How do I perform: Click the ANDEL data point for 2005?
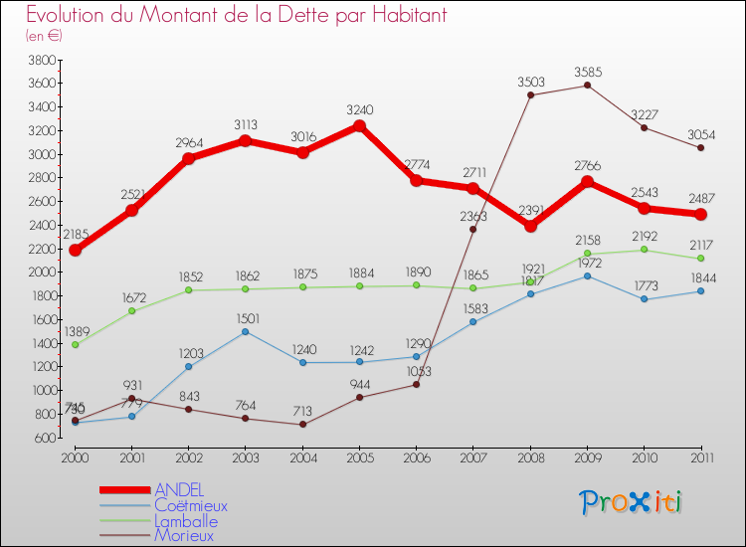coord(359,126)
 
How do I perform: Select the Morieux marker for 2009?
coord(587,86)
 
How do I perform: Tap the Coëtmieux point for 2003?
coord(245,331)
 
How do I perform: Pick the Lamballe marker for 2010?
coord(644,250)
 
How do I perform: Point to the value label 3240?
coord(360,110)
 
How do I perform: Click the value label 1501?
coord(246,318)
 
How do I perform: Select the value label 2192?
coord(645,236)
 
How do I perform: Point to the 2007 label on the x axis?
coord(472,456)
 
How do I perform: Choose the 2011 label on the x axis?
coord(700,456)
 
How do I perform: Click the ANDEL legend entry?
coord(179,490)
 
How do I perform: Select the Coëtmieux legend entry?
coord(190,505)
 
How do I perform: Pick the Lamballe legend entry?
coord(186,520)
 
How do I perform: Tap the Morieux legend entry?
coord(183,535)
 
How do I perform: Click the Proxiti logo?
coord(633,502)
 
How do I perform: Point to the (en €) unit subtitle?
coord(44,36)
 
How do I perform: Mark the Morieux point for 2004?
coord(302,425)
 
